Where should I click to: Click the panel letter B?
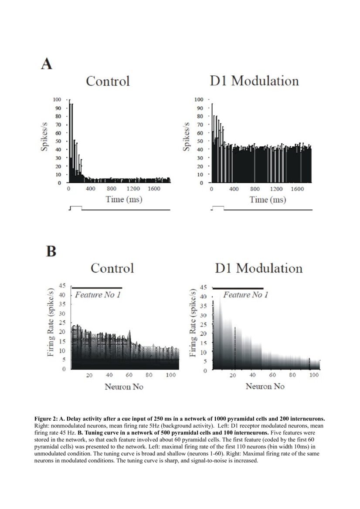51,251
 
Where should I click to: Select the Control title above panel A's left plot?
108,81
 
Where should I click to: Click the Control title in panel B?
112,267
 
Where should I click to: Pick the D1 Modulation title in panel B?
258,267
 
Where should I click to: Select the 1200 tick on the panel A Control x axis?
133,189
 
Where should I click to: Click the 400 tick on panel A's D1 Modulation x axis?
234,189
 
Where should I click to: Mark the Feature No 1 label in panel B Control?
97,295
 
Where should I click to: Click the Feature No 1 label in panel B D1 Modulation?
245,295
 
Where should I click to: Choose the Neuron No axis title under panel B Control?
124,386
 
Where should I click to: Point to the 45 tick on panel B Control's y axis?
62,286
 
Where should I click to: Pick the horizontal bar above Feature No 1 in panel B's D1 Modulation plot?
238,288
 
